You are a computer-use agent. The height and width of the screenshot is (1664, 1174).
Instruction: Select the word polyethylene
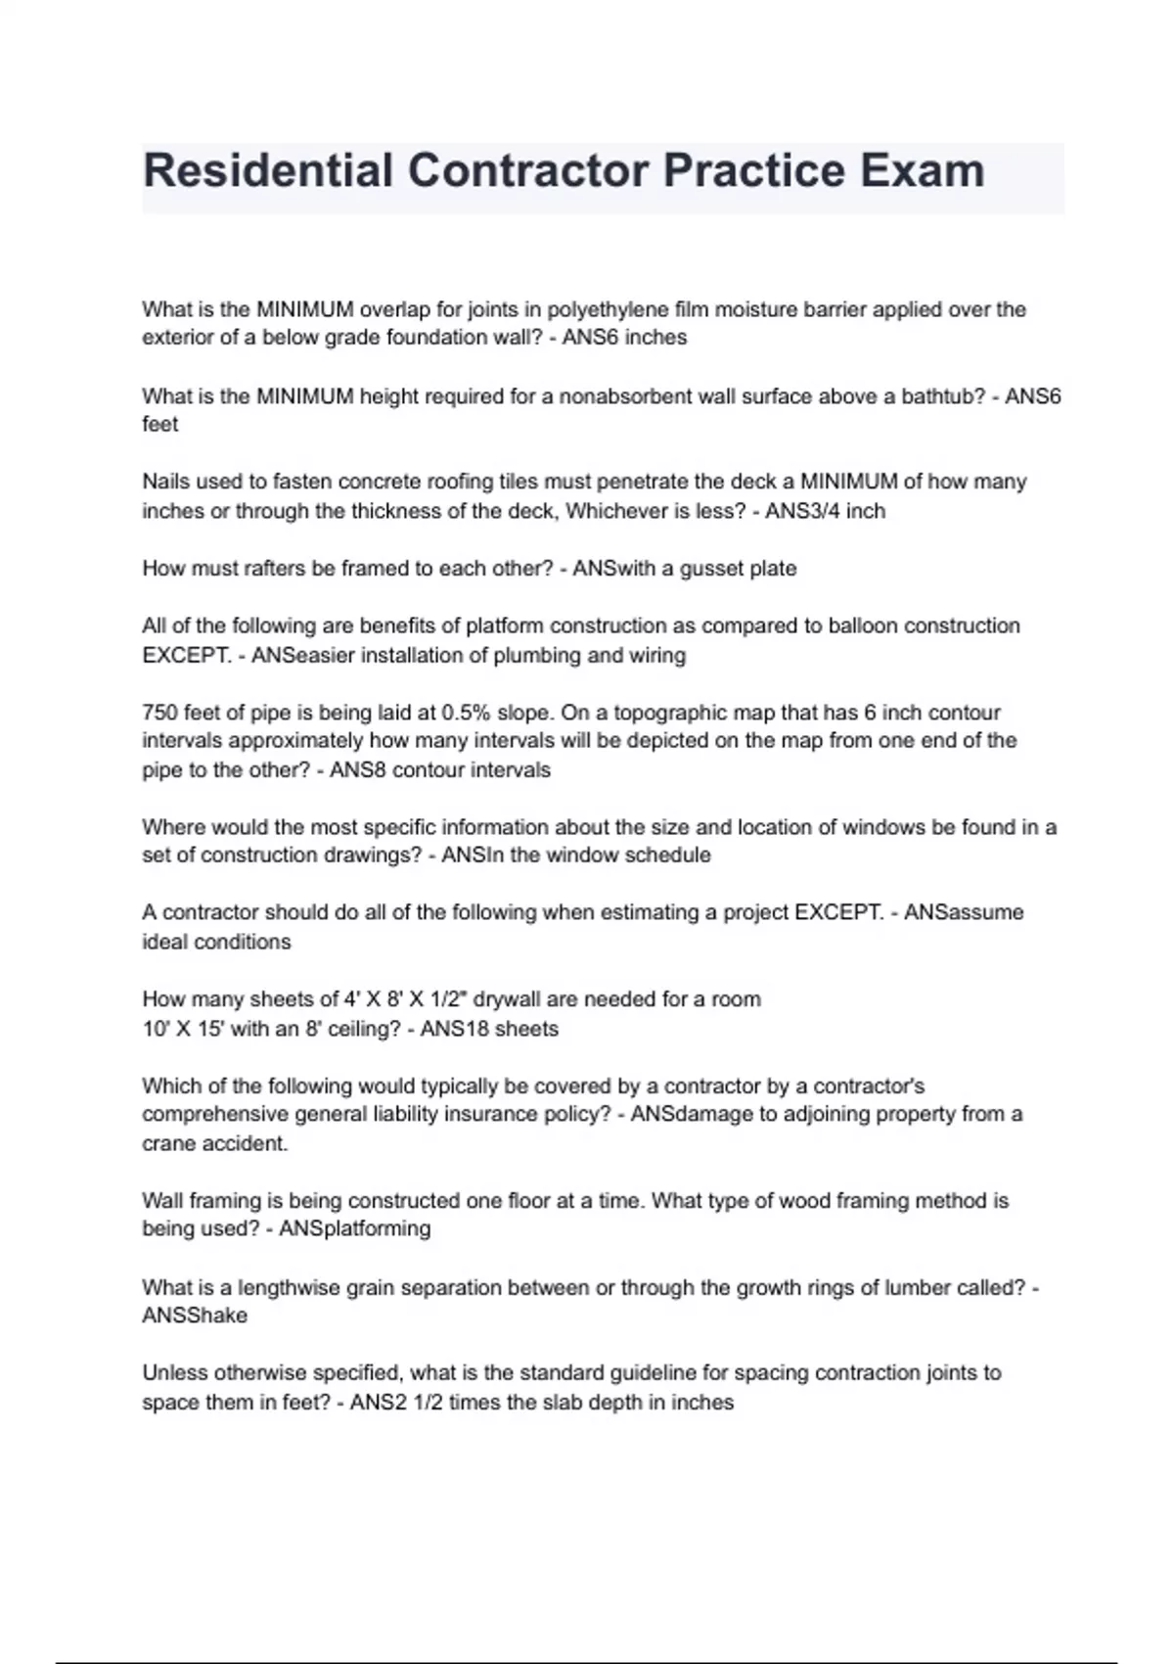point(608,310)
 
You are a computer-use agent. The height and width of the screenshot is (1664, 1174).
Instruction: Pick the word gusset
point(712,569)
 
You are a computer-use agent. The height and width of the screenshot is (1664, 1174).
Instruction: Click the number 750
point(159,713)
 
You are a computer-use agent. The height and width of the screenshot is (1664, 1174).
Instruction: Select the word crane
point(168,1143)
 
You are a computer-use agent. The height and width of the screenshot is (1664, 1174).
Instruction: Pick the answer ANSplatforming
point(355,1229)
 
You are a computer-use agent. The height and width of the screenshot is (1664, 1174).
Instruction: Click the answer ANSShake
point(195,1316)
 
